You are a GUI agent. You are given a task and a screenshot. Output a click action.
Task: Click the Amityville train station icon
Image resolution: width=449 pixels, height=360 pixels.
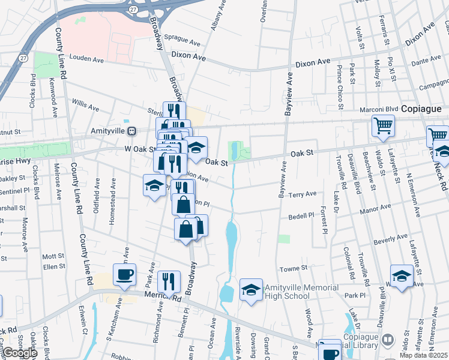click(x=137, y=131)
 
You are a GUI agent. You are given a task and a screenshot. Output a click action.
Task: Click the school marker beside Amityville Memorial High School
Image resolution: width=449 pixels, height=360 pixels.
click(x=251, y=291)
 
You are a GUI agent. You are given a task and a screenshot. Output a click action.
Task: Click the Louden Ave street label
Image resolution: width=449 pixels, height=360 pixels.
click(x=87, y=60)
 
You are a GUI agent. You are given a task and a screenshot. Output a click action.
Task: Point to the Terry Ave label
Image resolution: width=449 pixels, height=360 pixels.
click(x=302, y=194)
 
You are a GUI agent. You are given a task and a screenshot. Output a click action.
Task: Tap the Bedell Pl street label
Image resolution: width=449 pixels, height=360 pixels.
click(x=301, y=215)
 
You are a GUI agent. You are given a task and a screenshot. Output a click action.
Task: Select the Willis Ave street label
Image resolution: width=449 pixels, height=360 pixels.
click(x=85, y=106)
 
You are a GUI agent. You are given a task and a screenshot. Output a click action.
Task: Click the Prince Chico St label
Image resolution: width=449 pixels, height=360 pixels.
click(x=340, y=88)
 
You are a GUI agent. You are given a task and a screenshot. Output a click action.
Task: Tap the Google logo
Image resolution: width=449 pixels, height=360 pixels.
click(x=20, y=353)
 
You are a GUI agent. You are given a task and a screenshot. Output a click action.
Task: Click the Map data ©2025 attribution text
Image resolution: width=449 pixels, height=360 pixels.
click(x=423, y=355)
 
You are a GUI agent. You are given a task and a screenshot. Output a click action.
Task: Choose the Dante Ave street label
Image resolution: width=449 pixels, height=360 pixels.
click(x=426, y=60)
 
